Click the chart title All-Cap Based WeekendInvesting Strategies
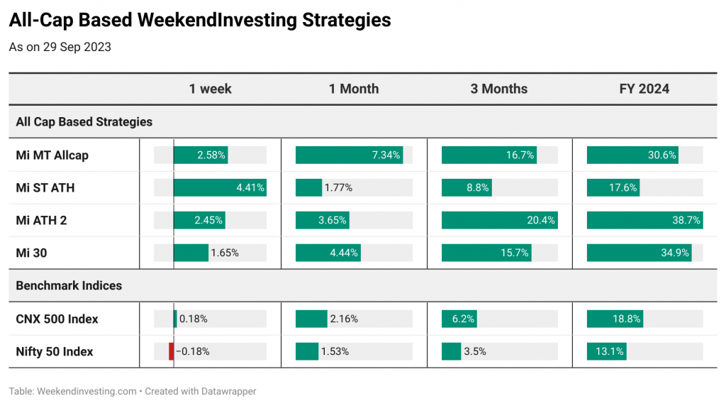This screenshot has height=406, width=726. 200,21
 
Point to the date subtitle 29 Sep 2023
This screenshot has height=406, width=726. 77,48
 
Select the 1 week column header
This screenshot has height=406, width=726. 210,89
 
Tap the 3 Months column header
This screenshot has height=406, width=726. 498,89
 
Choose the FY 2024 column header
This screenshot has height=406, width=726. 644,89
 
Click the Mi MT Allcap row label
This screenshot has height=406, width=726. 52,155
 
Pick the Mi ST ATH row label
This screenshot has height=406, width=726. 45,187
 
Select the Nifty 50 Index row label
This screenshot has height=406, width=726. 55,352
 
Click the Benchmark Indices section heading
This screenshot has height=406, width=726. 69,285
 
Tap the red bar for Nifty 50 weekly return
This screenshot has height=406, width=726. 172,352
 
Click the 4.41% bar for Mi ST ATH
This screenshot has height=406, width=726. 220,187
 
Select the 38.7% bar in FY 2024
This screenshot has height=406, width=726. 645,220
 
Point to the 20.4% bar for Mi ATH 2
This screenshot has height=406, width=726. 500,220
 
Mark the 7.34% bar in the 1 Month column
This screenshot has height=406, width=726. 349,155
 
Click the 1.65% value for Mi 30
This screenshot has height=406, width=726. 225,253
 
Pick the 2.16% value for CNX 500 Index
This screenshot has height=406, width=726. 344,319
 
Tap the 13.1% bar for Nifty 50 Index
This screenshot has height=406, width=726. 607,352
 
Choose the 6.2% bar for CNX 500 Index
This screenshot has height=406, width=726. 459,319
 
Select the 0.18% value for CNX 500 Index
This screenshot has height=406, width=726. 194,319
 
